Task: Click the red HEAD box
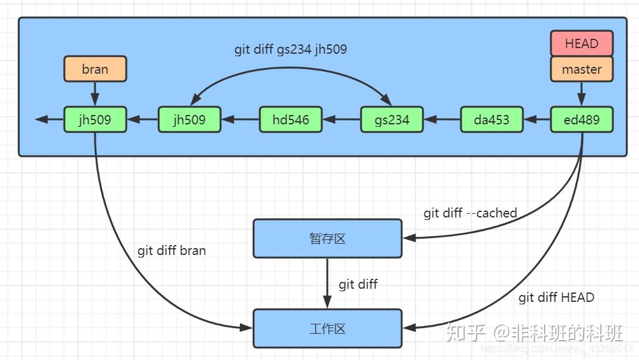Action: (x=582, y=44)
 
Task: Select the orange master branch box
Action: (x=582, y=69)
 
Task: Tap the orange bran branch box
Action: (x=95, y=69)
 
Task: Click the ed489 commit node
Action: (x=582, y=119)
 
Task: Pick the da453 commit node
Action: (x=492, y=119)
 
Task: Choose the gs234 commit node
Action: (x=392, y=119)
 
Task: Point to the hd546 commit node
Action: (x=290, y=119)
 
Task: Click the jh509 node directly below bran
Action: (x=95, y=119)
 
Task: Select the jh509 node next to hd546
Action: (x=189, y=119)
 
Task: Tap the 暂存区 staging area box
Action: (x=327, y=238)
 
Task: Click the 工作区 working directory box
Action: (x=327, y=328)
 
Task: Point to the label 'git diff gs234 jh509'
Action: (x=290, y=49)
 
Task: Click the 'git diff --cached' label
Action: (x=470, y=213)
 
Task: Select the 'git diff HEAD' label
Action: (x=556, y=297)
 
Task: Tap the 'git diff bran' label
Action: (x=172, y=251)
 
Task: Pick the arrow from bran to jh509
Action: (x=95, y=94)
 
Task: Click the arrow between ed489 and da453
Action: (x=537, y=119)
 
